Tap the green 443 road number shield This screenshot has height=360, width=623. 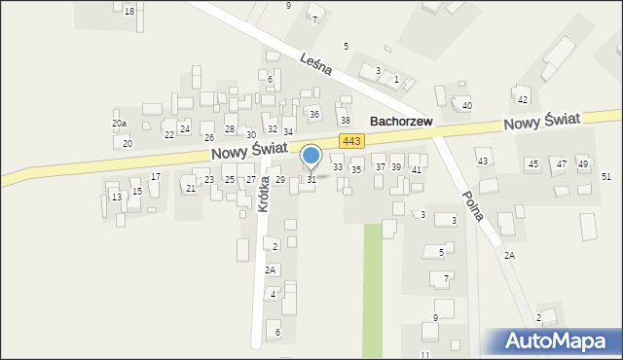click(x=352, y=142)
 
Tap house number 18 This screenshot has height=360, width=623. click(x=129, y=11)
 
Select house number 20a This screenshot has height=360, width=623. click(x=119, y=124)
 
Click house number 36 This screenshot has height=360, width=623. click(x=313, y=115)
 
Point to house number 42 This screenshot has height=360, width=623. click(x=523, y=99)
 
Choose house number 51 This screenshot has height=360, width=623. click(x=606, y=176)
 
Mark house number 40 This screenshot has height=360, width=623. click(x=467, y=105)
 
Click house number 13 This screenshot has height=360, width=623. click(x=116, y=198)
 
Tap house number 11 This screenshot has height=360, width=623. click(x=424, y=355)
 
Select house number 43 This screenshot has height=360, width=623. click(x=482, y=161)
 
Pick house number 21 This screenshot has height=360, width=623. click(x=190, y=188)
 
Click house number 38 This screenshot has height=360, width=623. click(x=345, y=121)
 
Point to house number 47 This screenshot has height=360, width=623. click(x=562, y=164)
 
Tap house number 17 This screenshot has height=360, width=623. click(x=156, y=177)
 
